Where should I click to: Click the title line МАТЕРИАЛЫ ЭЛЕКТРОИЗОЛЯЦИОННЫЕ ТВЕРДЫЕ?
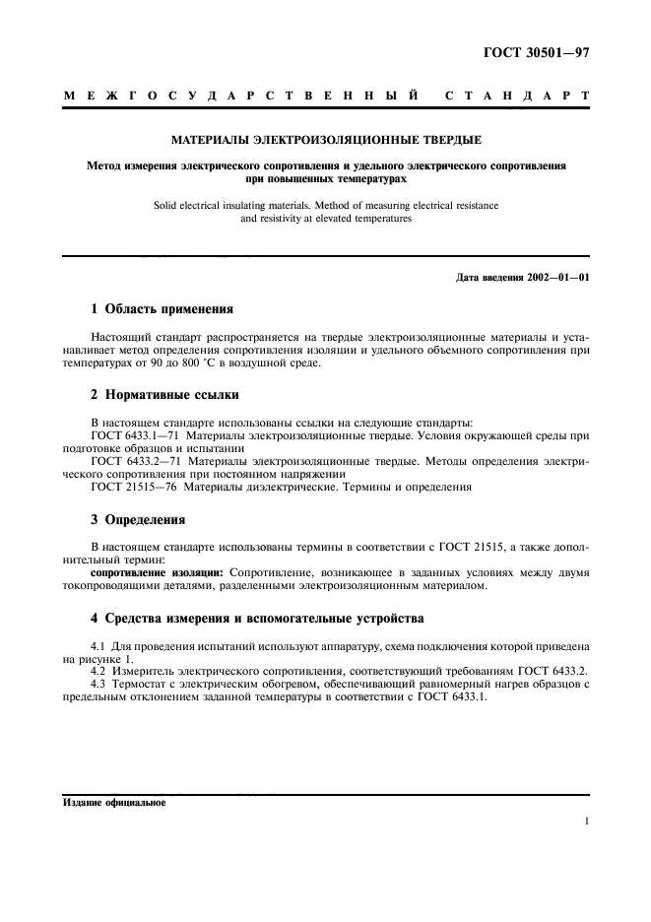pyautogui.click(x=326, y=141)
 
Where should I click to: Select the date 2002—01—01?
pyautogui.click(x=554, y=277)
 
